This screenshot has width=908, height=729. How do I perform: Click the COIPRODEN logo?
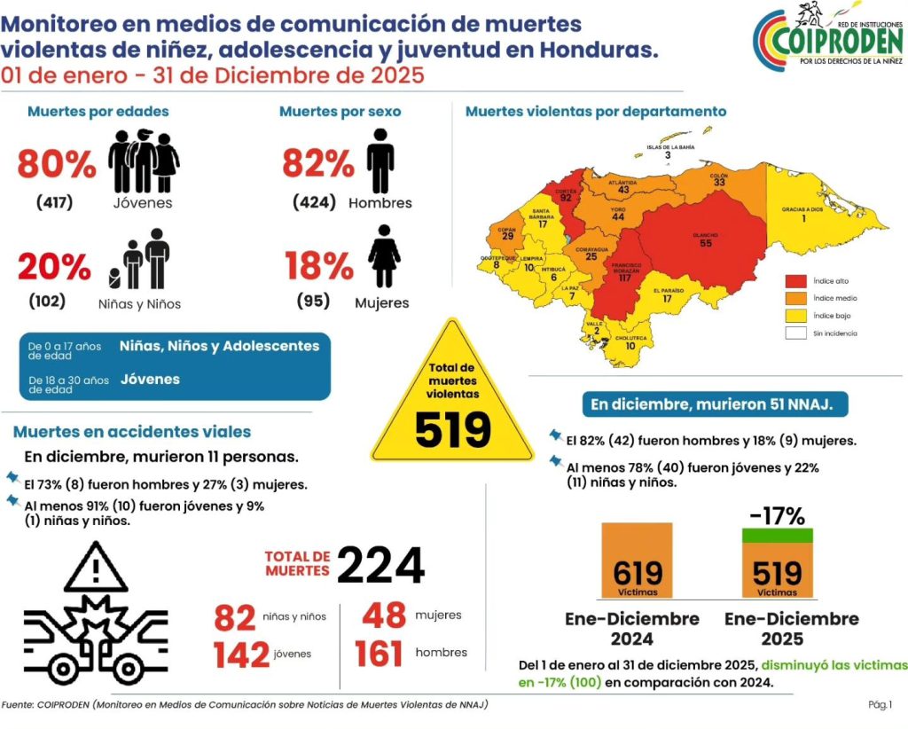coord(826,37)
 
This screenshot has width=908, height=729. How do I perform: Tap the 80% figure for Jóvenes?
coord(56,164)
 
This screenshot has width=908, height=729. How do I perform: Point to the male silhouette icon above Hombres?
coord(380,161)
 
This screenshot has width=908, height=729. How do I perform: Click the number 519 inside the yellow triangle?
coord(452,430)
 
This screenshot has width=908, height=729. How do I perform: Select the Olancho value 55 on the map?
coord(706,243)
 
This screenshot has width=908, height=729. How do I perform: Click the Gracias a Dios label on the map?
coord(802,209)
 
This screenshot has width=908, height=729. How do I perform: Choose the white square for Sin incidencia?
coord(795,333)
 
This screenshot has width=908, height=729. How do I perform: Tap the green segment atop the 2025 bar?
coord(777,535)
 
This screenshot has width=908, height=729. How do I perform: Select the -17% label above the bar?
coord(777,515)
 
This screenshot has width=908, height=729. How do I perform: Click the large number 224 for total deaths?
coord(380,565)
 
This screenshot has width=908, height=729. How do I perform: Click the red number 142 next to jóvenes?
coord(241,655)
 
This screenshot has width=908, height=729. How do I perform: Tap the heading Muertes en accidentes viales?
coord(132,432)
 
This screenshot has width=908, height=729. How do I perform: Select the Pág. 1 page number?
coord(880,705)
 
